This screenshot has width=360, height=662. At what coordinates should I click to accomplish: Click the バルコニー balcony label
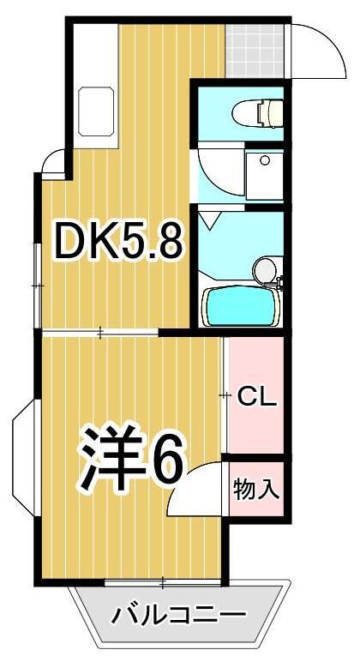pyautogui.click(x=179, y=615)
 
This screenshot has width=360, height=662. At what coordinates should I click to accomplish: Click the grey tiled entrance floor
pyautogui.click(x=255, y=50)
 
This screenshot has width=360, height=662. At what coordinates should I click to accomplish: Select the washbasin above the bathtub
pyautogui.click(x=265, y=271)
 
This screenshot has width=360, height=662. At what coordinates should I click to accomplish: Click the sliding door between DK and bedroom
pyautogui.click(x=101, y=332)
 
